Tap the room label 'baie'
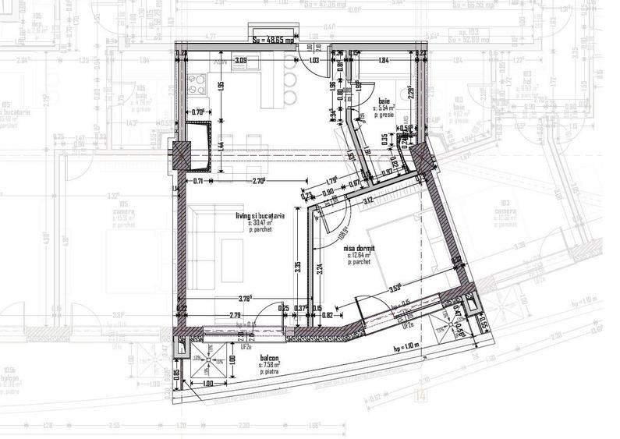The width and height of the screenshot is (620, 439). [x=384, y=102]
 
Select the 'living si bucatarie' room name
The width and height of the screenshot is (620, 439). [x=260, y=215]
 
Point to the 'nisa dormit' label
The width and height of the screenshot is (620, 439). [x=359, y=249]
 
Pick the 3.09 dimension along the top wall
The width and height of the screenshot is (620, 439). [x=241, y=59]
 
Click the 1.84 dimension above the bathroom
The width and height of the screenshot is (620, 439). [x=383, y=59]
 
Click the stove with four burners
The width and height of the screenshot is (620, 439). [x=194, y=80]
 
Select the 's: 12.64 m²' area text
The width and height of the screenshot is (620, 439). [x=360, y=256]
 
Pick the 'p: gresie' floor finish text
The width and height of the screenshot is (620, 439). [x=385, y=115]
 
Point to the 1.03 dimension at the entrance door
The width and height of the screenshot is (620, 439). [x=314, y=59]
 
